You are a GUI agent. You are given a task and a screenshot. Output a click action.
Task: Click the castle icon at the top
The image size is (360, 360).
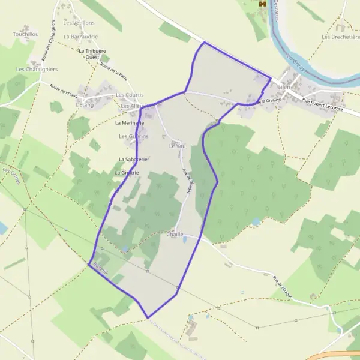262,4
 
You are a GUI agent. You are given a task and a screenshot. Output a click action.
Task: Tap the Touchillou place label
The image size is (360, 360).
26,35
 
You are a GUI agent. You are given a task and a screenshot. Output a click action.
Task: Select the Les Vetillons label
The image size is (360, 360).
79,23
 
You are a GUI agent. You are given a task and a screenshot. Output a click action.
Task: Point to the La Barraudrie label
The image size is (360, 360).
83,37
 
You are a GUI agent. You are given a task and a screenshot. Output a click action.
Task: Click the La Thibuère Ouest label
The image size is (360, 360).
92,54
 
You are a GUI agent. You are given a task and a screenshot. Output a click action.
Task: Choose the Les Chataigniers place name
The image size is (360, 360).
37,70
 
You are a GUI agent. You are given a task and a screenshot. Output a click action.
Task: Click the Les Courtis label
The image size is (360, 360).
130,95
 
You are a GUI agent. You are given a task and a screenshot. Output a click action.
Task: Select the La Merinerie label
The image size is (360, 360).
130,123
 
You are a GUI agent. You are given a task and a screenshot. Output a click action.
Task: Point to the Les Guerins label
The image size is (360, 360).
133,136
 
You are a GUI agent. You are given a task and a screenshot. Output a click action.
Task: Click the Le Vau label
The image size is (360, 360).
176,146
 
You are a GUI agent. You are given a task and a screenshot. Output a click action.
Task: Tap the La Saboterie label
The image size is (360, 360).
133,160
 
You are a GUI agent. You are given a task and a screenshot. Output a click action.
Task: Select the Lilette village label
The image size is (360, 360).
286,87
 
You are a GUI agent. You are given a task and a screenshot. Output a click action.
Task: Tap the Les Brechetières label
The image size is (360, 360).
340,37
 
